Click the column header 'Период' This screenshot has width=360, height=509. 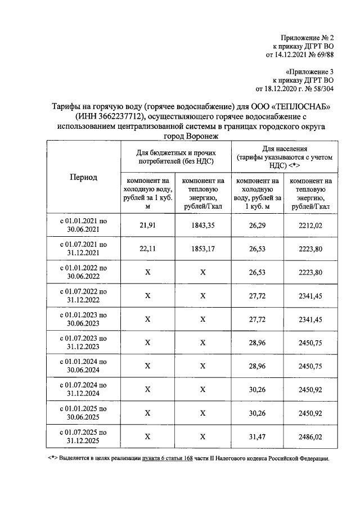83,177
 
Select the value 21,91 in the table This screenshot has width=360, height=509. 147,225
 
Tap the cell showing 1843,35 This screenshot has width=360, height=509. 203,225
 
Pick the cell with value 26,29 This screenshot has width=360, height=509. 258,225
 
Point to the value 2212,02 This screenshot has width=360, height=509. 310,225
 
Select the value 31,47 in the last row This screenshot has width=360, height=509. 258,436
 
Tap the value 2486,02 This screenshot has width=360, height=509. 310,436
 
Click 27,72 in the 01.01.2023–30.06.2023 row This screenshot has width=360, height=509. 258,319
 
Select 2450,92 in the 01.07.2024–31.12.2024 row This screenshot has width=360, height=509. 310,389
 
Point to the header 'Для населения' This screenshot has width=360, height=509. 284,147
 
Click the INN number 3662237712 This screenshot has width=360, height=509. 121,116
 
